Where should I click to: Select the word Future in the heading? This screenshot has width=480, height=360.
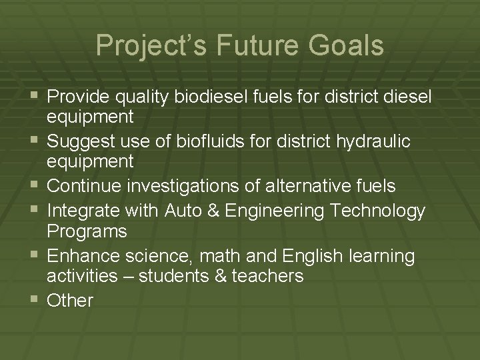click(247, 46)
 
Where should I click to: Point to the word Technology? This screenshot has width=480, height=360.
click(375, 211)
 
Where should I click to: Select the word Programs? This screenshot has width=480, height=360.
click(86, 231)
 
